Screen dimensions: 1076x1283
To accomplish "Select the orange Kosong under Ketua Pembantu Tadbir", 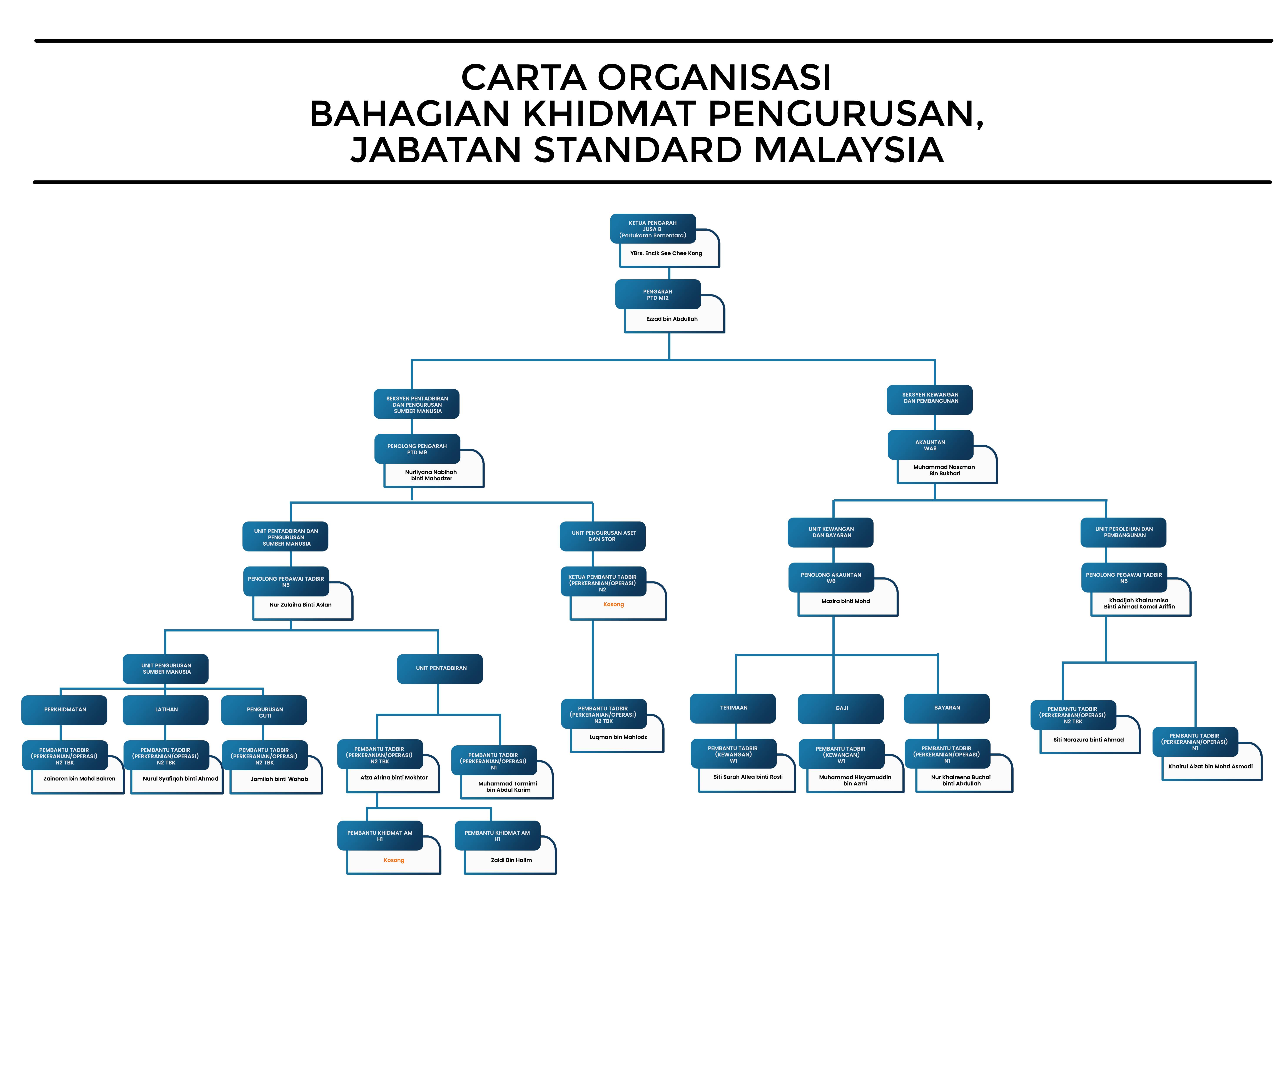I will coord(613,605).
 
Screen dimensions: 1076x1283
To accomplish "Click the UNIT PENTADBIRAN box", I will coord(441,669).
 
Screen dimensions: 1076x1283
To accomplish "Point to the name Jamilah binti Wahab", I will coord(279,779).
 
